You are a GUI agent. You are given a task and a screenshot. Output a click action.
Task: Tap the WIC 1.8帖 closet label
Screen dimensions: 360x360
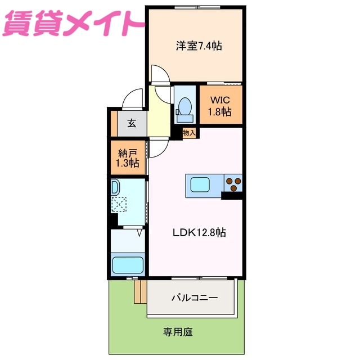coord(220,106)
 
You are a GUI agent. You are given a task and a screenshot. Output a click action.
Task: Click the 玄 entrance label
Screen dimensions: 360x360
coord(131,124)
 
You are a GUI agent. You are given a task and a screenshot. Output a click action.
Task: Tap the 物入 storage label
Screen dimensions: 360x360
coord(189,133)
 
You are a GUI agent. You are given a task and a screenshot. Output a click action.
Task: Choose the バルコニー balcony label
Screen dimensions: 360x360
coord(194,298)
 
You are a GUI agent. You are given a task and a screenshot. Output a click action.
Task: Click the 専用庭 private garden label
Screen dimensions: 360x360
coord(179,332)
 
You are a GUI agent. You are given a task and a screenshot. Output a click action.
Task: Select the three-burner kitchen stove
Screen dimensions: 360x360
coord(233,182)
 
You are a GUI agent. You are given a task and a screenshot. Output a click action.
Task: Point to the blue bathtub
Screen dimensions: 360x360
coord(129,264)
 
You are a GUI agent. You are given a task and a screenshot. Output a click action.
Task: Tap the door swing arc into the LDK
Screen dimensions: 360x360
coord(158,147)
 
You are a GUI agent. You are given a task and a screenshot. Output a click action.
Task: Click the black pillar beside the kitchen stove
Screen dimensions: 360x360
coord(232,195)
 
